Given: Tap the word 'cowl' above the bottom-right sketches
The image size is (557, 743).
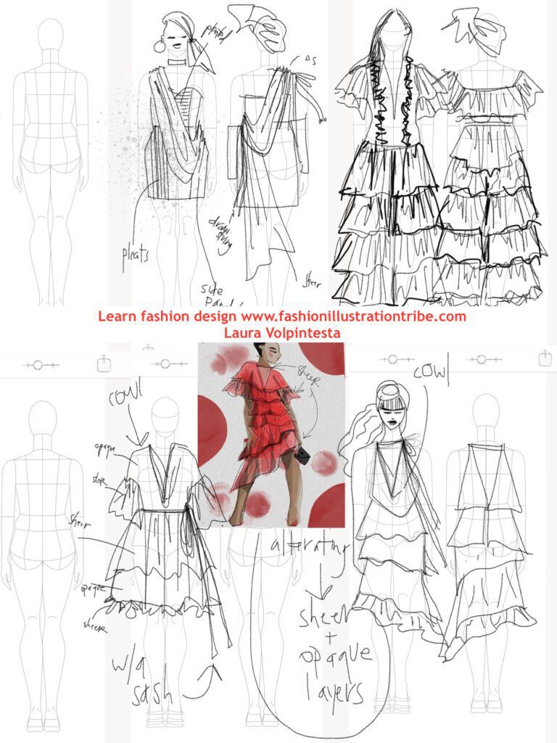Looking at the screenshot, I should (432, 372).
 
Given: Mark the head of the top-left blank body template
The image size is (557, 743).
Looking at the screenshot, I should (50, 33).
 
